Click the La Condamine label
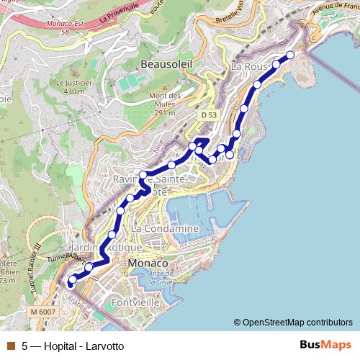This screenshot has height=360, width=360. pyautogui.click(x=164, y=228)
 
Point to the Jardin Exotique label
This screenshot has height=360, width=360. pyautogui.click(x=105, y=247)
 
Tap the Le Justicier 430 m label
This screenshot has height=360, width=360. pyautogui.click(x=76, y=87)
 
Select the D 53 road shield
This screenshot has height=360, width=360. pyautogui.click(x=209, y=114)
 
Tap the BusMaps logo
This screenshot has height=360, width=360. pyautogui.click(x=325, y=346)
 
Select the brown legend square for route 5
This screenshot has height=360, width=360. pyautogui.click(x=10, y=346)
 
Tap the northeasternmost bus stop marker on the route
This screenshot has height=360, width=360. pyautogui.click(x=291, y=55)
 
